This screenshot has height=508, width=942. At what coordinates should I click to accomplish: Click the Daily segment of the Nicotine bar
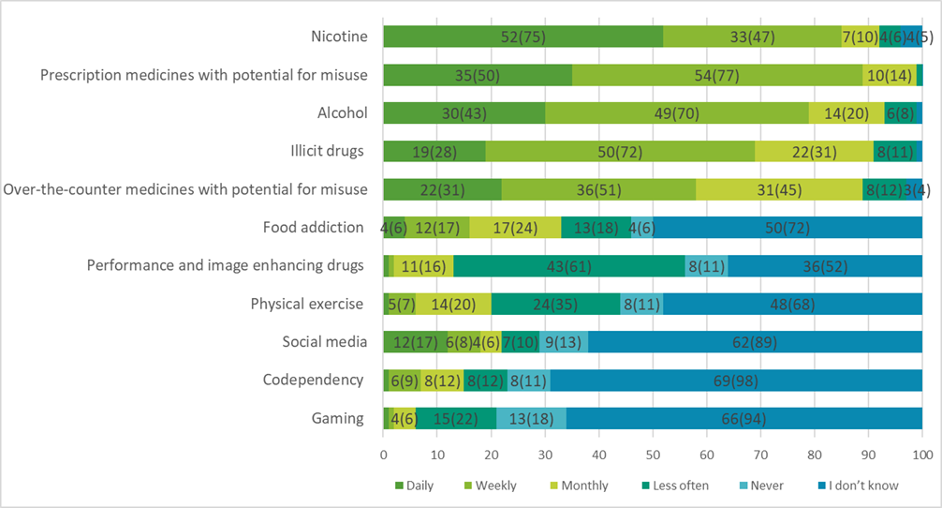(523, 37)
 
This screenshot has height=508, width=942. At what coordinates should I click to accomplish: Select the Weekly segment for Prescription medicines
(716, 76)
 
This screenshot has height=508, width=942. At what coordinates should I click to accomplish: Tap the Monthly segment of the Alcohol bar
(846, 113)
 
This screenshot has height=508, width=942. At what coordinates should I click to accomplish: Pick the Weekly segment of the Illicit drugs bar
(620, 151)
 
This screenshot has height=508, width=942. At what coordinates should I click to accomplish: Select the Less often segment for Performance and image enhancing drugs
(568, 265)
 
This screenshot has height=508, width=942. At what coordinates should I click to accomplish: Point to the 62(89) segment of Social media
(755, 342)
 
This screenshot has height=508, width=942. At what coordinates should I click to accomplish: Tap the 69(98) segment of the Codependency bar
(736, 381)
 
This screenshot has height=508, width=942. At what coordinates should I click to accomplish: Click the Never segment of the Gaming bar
(531, 418)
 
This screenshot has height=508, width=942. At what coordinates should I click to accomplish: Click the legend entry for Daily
(408, 486)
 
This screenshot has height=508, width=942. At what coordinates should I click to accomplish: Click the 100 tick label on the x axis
(922, 455)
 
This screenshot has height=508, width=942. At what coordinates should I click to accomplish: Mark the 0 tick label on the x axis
(384, 455)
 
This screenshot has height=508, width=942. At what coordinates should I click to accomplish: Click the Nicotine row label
(338, 37)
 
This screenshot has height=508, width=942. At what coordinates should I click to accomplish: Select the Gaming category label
(339, 418)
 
